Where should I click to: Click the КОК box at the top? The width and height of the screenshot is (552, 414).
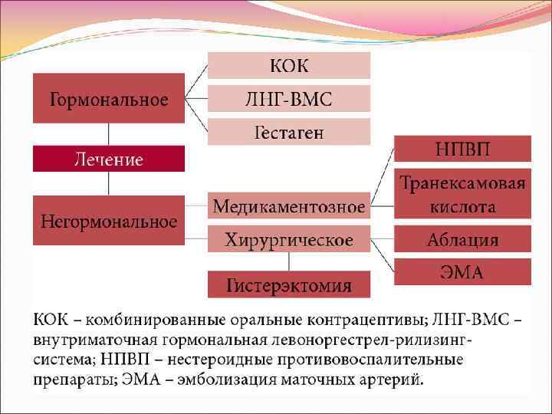coord(289,65)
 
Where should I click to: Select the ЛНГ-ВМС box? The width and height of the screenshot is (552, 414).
coord(289,99)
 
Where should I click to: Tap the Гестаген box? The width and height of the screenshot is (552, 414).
coord(289,132)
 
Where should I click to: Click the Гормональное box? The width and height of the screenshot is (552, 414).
coord(109,99)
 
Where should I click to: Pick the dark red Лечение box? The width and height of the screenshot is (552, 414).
coord(109,159)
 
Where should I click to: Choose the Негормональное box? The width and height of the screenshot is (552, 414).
coord(109,222)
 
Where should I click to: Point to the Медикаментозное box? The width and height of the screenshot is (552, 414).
coord(289,206)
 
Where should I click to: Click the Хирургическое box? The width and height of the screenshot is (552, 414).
coord(289,240)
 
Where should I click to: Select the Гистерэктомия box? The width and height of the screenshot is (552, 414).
coord(289,285)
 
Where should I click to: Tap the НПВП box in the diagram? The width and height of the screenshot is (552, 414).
coord(462,148)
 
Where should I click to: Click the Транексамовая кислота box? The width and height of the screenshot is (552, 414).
coord(462,194)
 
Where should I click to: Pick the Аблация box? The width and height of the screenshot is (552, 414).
coord(462,239)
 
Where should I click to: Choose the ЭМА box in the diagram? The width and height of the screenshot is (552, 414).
coord(462,272)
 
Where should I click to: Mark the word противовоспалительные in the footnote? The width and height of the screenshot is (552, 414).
coord(390,360)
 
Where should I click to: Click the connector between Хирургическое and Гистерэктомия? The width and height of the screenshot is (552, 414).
coord(289,261)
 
